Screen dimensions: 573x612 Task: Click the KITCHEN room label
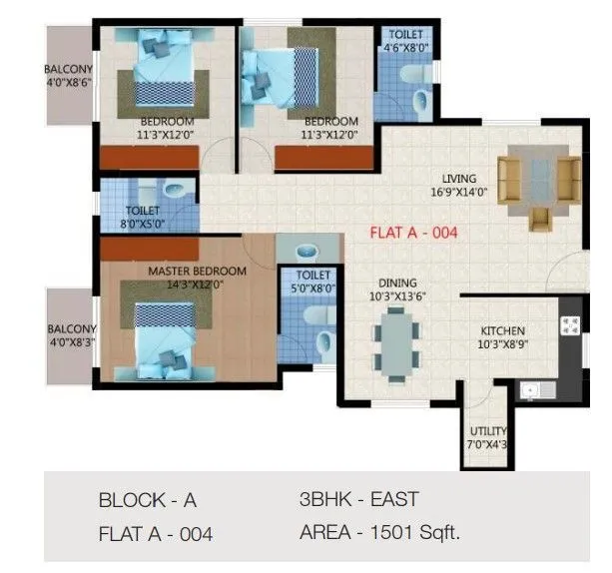pos(503,336)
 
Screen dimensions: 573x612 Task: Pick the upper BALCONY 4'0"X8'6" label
pos(68,76)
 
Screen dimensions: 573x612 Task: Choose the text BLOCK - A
pos(147,500)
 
